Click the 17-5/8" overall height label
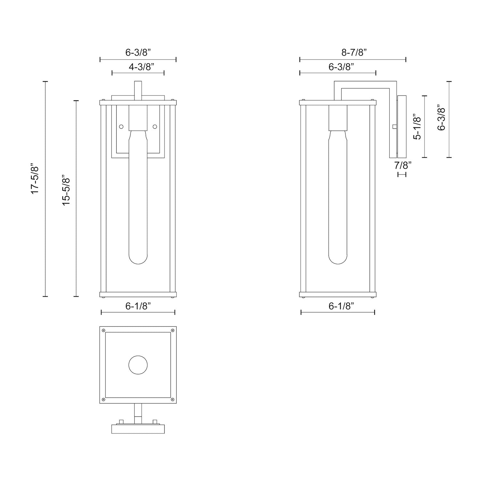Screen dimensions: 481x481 click(35, 179)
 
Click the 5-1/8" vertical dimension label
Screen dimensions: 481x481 click(417, 127)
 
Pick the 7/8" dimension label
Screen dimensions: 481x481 click(403, 165)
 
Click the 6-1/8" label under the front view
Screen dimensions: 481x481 click(138, 306)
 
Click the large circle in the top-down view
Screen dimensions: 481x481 click(138, 365)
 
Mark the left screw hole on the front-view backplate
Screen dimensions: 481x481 click(121, 127)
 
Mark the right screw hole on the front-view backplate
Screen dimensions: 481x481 click(155, 127)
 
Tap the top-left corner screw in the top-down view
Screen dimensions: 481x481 click(103, 330)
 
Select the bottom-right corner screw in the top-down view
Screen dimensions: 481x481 click(173, 400)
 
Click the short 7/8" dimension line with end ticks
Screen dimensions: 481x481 click(402, 174)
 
